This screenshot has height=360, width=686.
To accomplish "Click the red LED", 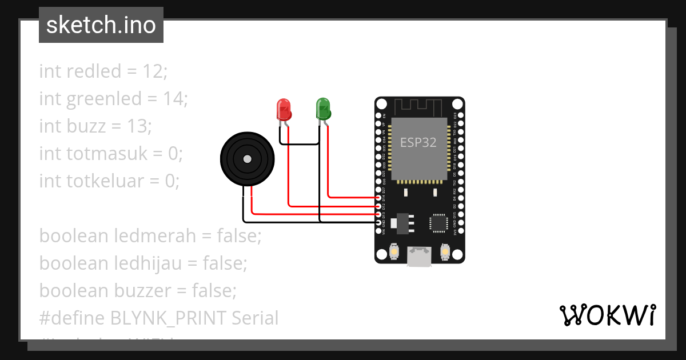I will coord(284,109).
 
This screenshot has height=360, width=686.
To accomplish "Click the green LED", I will coord(323,109).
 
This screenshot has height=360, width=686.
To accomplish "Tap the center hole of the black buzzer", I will coord(247,159).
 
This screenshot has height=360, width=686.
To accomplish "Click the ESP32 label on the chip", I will coord(418,142).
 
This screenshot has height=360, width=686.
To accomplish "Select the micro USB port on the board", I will coord(420,257).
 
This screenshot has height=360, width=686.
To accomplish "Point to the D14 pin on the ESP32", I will coord(378,197).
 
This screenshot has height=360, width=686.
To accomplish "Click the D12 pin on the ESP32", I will coord(378,206).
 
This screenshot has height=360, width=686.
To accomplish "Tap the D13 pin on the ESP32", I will coord(378,214).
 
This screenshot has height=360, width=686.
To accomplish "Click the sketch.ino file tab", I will coord(101,26).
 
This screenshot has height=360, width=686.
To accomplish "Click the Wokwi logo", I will coord(607,315).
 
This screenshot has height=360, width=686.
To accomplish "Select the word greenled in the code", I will coord(104,99).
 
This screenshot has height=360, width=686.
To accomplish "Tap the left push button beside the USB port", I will coord(394,251).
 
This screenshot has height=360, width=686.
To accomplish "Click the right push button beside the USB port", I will coord(446,251).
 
